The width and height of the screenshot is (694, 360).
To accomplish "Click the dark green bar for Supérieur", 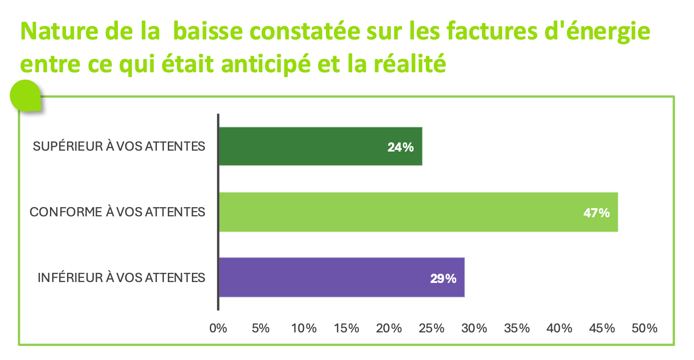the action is tap(321, 146).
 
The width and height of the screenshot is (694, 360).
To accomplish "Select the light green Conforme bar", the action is tap(418, 212).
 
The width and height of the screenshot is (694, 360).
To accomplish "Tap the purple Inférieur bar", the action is tap(342, 277).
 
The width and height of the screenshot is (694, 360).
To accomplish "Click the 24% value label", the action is tap(400, 148).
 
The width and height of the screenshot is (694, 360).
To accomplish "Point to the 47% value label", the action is tap(596, 213).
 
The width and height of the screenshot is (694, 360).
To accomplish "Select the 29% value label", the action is tap(443, 279).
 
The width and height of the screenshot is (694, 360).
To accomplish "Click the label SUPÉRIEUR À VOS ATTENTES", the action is tap(119, 146).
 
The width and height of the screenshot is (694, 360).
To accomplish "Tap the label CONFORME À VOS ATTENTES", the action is tap(117, 212).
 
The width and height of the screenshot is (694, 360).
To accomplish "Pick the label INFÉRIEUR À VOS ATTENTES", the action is tap(121, 278).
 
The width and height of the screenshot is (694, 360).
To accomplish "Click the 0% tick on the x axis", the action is tap(218, 328).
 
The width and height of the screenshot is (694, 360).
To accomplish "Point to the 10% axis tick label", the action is tap(304, 328).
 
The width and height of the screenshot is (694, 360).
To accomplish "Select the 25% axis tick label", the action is tap(432, 328).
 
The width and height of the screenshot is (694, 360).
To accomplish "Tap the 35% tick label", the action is tap(517, 328).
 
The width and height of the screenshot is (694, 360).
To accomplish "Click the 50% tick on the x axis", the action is tap(644, 328).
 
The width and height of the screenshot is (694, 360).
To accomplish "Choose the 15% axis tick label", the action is tap(347, 328).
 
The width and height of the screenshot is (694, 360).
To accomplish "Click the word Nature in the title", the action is tap(59, 31).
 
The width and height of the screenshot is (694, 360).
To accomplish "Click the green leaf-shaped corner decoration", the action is tap(26, 95).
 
